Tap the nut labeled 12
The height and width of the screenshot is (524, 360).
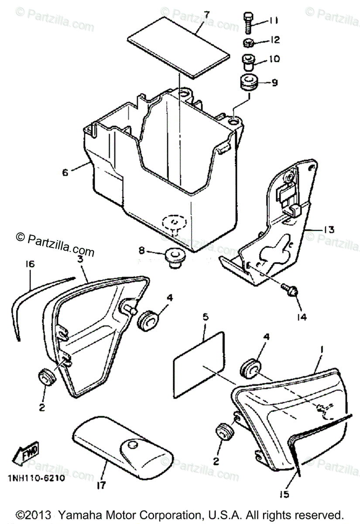(x=249, y=42)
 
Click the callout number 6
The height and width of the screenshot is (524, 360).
(x=65, y=172)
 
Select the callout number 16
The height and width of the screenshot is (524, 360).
(x=30, y=264)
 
